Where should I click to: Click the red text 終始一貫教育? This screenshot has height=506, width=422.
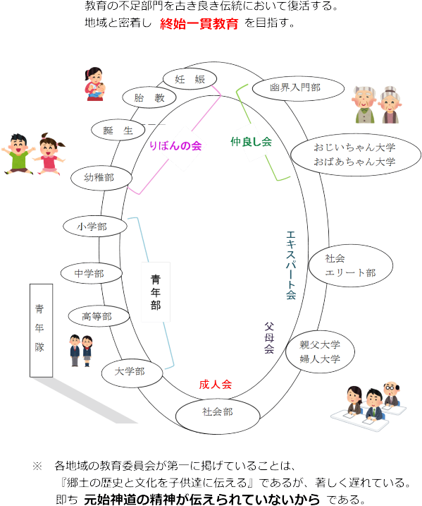pyautogui.click(x=199, y=23)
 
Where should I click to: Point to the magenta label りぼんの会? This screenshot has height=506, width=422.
pyautogui.click(x=176, y=146)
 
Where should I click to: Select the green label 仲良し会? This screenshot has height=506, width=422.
pyautogui.click(x=252, y=142)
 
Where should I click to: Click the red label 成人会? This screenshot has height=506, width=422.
pyautogui.click(x=216, y=385)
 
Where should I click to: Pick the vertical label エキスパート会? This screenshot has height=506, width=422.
pyautogui.click(x=291, y=265)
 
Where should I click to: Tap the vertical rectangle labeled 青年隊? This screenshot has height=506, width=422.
pyautogui.click(x=42, y=330)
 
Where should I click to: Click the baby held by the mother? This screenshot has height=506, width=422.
pyautogui.click(x=99, y=90)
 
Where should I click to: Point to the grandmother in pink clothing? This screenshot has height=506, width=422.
pyautogui.click(x=390, y=105)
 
